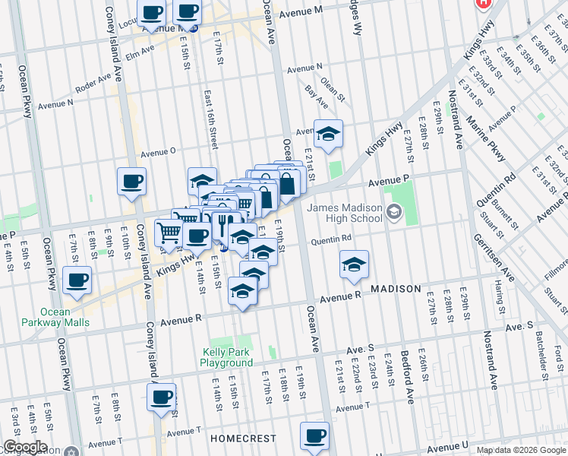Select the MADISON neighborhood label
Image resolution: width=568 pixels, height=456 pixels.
[x=396, y=290]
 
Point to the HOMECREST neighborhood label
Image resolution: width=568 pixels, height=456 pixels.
[x=236, y=439]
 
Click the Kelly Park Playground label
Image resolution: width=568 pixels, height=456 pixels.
[x=227, y=357]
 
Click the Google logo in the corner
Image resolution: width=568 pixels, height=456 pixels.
[x=25, y=447]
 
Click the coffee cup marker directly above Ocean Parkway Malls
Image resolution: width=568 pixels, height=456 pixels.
[x=77, y=280]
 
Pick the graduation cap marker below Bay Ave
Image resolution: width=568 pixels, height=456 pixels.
[x=328, y=135]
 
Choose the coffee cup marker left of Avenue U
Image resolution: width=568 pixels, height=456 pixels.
[x=314, y=436]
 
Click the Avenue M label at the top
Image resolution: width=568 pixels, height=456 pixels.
[x=301, y=13]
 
